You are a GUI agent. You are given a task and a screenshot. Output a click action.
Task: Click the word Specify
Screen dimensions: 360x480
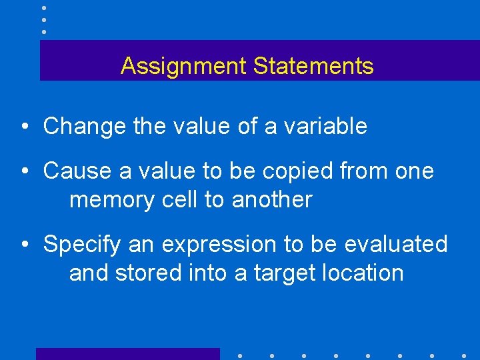pos(82,245)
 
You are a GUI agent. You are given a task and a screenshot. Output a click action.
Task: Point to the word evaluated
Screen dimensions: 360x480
pos(396,244)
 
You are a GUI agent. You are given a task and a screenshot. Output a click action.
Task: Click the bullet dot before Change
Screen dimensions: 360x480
pos(25,127)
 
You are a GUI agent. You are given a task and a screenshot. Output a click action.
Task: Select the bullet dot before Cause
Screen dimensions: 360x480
pos(25,171)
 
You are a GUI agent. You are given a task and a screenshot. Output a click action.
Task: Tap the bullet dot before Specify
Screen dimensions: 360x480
pos(25,245)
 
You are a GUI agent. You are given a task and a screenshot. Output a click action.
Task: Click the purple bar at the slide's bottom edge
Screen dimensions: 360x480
pos(127,354)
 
